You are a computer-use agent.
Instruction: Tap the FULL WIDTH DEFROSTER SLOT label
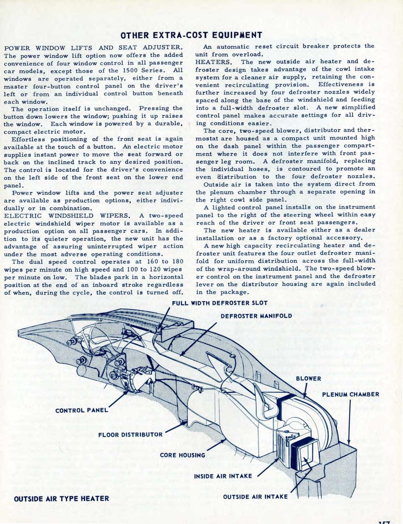tap(220, 303)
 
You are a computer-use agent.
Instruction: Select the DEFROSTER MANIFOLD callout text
tap(256, 316)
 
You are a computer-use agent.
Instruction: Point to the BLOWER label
tap(308, 378)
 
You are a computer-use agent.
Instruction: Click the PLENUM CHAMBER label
tap(351, 394)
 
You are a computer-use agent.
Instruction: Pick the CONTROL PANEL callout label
tap(82, 411)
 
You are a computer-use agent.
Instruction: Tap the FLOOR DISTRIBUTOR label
tap(130, 435)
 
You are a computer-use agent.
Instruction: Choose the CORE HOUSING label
tap(182, 456)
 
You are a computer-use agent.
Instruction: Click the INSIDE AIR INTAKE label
tap(223, 476)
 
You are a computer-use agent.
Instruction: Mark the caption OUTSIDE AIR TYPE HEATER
tap(61, 498)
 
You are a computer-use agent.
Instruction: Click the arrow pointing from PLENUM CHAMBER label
tap(350, 423)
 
